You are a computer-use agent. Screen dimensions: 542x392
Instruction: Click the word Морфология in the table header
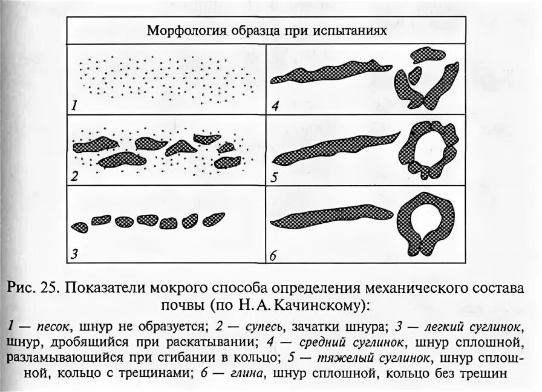click(x=180, y=31)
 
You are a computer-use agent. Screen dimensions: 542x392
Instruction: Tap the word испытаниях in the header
click(x=347, y=31)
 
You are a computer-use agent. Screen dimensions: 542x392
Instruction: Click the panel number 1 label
click(x=74, y=106)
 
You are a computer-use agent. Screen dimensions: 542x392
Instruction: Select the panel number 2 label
click(x=74, y=177)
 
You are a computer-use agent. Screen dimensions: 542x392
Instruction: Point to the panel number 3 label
click(x=74, y=254)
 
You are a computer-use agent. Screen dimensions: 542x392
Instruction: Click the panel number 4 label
click(x=275, y=106)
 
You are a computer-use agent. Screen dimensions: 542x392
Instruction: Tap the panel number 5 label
click(x=275, y=177)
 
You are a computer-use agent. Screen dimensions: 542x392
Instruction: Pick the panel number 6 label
click(x=273, y=256)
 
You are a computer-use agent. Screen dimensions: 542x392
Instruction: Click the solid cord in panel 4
click(x=324, y=73)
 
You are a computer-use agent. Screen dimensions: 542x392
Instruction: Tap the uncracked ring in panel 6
click(x=430, y=221)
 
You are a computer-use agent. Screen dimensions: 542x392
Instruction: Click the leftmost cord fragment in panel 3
click(x=79, y=227)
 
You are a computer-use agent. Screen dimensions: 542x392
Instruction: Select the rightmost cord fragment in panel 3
click(x=214, y=218)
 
